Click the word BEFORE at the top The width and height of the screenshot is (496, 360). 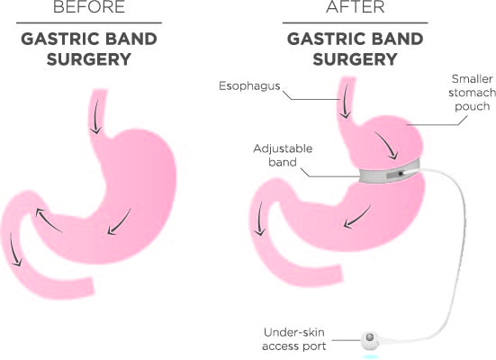pyautogui.click(x=89, y=6)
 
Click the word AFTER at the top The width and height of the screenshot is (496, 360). pyautogui.click(x=356, y=6)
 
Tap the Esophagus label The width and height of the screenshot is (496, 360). pyautogui.click(x=249, y=86)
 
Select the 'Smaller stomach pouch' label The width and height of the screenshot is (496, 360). pyautogui.click(x=472, y=93)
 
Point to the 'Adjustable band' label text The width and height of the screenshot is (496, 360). pyautogui.click(x=283, y=156)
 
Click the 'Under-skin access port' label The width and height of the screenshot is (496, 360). pyautogui.click(x=294, y=339)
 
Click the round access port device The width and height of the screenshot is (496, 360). pyautogui.click(x=370, y=340)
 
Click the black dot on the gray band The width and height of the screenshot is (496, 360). pyautogui.click(x=401, y=174)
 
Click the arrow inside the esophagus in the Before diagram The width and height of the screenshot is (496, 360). pyautogui.click(x=95, y=117)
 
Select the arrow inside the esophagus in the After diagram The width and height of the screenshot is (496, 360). pyautogui.click(x=345, y=102)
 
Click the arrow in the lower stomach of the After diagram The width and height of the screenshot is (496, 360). pyautogui.click(x=356, y=217)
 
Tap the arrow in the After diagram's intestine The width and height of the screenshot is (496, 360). pyautogui.click(x=259, y=219)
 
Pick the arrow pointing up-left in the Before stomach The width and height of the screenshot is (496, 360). pyautogui.click(x=48, y=220)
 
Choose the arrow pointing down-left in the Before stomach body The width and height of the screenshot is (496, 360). pyautogui.click(x=119, y=222)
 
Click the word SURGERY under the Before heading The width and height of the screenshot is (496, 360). pyautogui.click(x=89, y=59)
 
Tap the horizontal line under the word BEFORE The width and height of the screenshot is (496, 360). pyautogui.click(x=89, y=22)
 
